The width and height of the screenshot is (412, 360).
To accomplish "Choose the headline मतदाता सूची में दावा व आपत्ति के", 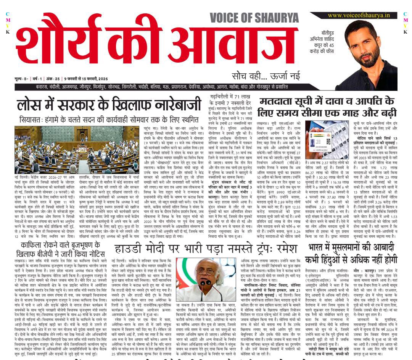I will tap(327, 107).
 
